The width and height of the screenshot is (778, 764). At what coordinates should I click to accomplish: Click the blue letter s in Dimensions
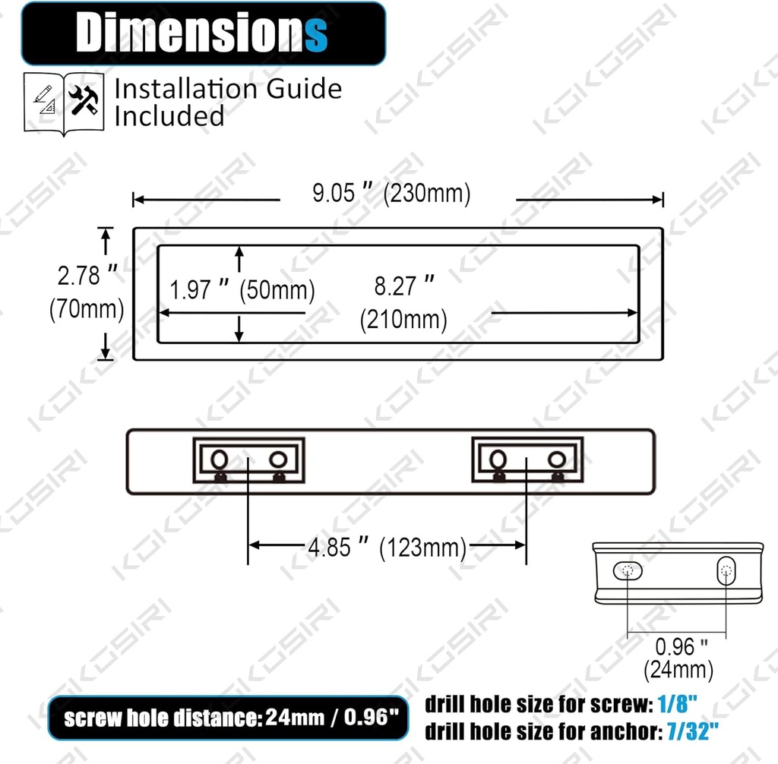pos(316,35)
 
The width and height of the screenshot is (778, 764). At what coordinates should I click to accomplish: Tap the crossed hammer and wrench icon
pos(84,99)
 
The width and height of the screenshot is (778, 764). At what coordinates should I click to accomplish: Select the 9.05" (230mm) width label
pos(391,193)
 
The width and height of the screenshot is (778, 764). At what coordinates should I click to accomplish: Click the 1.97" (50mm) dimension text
pos(242,289)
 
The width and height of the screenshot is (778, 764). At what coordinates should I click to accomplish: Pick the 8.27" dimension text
pos(404,286)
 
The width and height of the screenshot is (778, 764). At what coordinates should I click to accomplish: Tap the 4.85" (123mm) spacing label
pos(387,548)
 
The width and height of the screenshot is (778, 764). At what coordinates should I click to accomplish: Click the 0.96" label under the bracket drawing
pos(682,646)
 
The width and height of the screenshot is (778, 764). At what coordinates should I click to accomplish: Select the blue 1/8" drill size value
pos(677,704)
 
